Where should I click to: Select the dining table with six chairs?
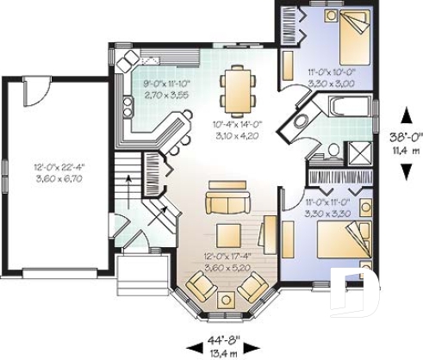point(234,89)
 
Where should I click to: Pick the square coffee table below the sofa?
point(229,234)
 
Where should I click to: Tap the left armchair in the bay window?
point(202,284)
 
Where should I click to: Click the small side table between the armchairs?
point(227,299)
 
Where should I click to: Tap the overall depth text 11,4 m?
point(402,150)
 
